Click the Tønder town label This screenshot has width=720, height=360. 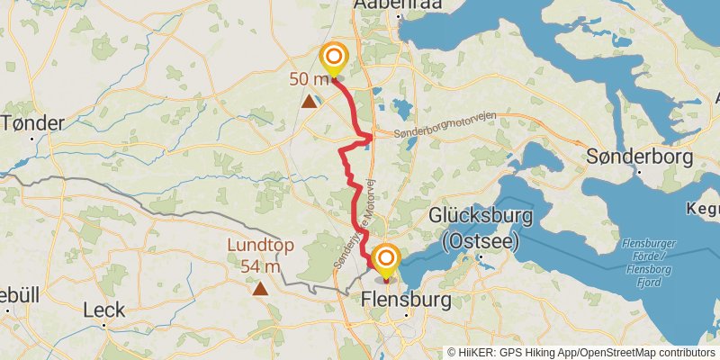click(x=33, y=123)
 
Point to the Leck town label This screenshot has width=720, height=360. click(x=103, y=310)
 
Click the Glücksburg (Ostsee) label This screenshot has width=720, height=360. click(x=480, y=228)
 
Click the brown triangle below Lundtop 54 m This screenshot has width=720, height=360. click(x=260, y=289)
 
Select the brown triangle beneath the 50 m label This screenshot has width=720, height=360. click(x=310, y=102)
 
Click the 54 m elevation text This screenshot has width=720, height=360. click(x=260, y=265)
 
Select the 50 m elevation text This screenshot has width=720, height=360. click(x=308, y=79)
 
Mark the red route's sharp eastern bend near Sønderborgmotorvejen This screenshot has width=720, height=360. click(x=371, y=137)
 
